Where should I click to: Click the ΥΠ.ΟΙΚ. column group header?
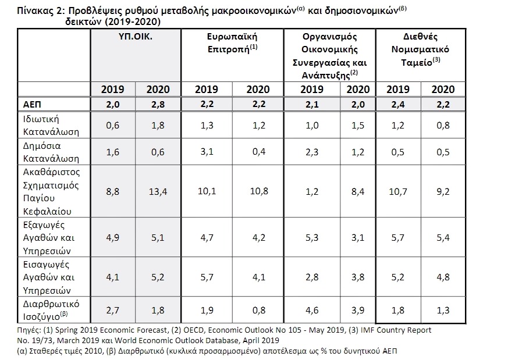click(x=135, y=37)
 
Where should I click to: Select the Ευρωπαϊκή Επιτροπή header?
click(x=232, y=42)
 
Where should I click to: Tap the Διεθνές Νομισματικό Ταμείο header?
click(x=420, y=49)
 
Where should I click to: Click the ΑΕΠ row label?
click(x=32, y=105)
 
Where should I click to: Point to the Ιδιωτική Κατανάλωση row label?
click(x=51, y=125)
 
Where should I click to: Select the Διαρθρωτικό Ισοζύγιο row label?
click(x=51, y=310)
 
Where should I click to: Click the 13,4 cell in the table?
click(x=158, y=192)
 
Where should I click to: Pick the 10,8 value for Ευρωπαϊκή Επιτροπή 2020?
click(x=259, y=191)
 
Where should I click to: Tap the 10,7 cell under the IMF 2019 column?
click(x=397, y=192)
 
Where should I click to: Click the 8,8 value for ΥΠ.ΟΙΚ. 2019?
click(x=112, y=192)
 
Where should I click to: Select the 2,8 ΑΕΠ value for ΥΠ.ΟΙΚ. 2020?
click(x=158, y=105)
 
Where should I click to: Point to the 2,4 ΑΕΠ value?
click(x=397, y=105)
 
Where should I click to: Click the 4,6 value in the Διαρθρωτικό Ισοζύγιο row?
click(x=312, y=310)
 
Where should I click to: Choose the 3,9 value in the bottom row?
click(x=358, y=310)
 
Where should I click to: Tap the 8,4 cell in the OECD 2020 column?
click(x=358, y=192)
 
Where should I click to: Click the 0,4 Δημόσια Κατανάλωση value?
click(x=259, y=152)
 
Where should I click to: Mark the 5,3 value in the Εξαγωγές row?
click(x=312, y=238)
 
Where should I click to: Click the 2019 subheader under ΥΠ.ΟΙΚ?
click(x=112, y=90)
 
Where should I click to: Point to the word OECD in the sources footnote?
click(x=194, y=330)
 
